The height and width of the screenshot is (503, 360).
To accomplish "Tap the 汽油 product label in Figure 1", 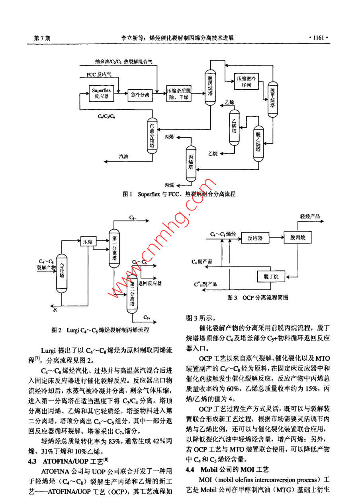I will coord(124,157).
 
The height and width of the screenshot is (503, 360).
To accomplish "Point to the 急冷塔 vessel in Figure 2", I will coord(61,273).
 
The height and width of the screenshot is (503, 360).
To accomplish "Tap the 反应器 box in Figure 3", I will coord(255,238).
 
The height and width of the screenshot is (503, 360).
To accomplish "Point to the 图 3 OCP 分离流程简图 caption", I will coord(257,298).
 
